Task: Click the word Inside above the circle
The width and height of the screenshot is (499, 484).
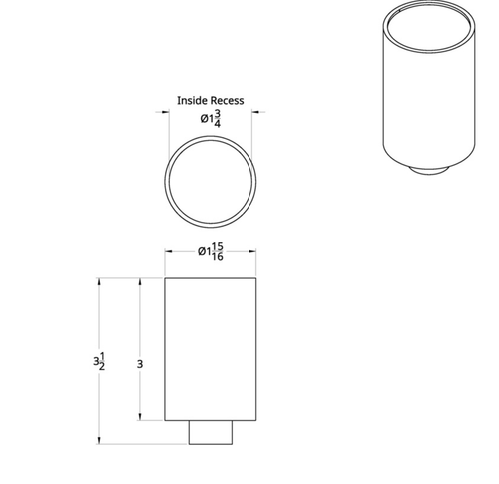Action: (x=192, y=101)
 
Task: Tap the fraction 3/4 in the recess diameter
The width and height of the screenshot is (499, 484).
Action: (x=217, y=119)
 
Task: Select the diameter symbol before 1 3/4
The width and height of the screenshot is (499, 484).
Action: (x=203, y=119)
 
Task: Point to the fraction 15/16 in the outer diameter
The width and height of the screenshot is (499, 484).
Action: (x=216, y=252)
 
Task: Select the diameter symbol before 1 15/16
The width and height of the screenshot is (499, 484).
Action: (x=202, y=252)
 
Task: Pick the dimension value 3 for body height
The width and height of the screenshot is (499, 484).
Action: (x=140, y=365)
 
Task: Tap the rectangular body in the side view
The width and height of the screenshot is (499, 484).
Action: (x=210, y=349)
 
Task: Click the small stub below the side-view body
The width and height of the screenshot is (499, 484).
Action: (x=210, y=432)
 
